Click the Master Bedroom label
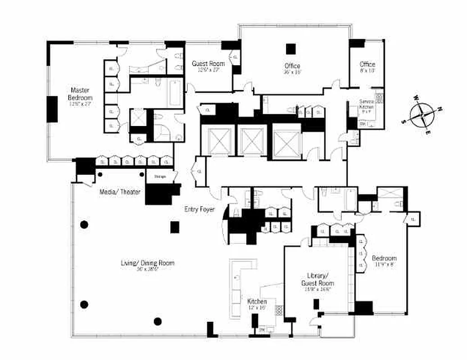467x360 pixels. click(x=80, y=94)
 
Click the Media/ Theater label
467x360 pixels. click(x=120, y=192)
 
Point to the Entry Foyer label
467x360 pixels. click(x=199, y=209)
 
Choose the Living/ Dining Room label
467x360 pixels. click(x=147, y=263)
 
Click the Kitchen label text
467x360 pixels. click(x=257, y=301)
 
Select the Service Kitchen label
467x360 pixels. click(x=366, y=105)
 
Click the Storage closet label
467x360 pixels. click(x=160, y=177)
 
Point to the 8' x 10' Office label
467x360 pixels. click(x=367, y=65)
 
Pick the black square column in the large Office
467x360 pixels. click(x=292, y=48)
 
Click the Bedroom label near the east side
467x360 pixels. click(x=384, y=258)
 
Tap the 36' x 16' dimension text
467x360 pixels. click(x=292, y=72)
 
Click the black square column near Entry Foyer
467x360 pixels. click(x=175, y=227)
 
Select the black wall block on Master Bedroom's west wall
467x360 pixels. click(x=52, y=109)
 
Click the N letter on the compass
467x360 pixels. click(x=440, y=108)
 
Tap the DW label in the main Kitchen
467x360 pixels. click(x=262, y=330)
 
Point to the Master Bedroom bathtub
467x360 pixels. click(x=174, y=92)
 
